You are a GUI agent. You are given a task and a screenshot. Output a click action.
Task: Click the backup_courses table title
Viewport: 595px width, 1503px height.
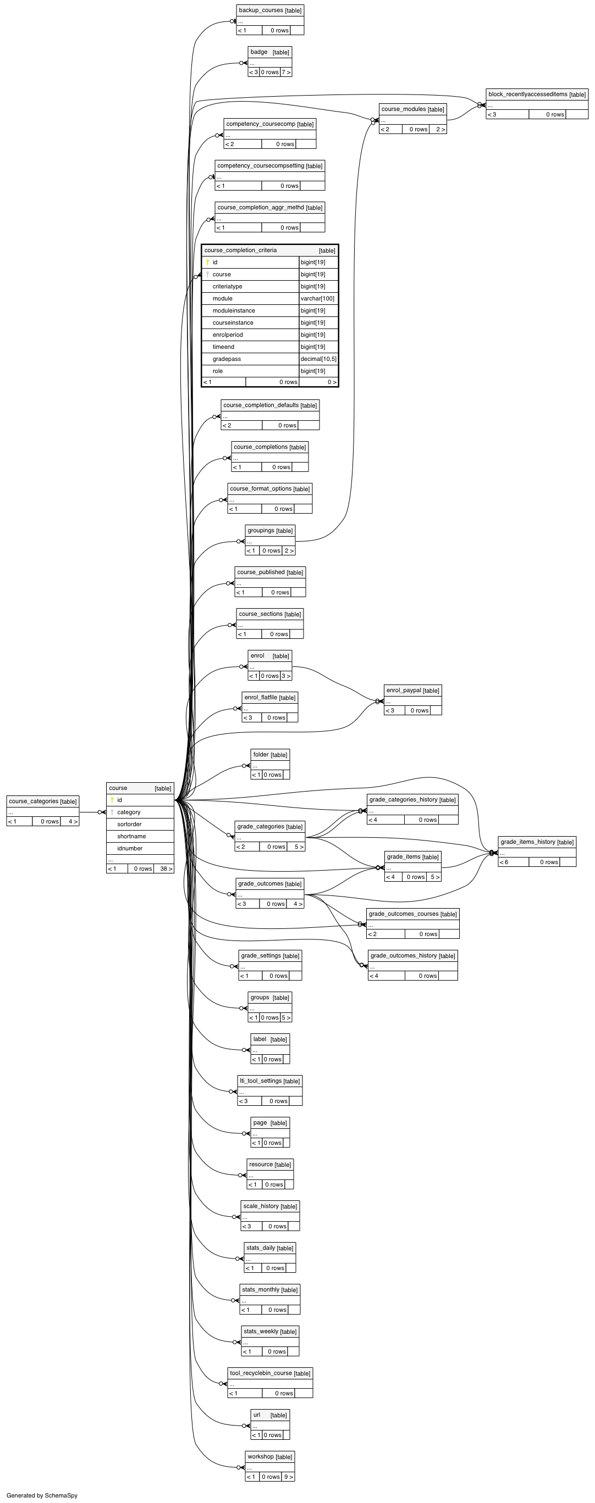click(x=261, y=10)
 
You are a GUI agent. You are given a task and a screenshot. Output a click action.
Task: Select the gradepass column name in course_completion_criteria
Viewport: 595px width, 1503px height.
click(x=227, y=359)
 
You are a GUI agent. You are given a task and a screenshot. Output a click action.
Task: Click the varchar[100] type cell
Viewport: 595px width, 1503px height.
click(x=318, y=299)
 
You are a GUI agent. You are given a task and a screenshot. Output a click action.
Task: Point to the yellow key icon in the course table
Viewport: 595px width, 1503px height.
click(x=112, y=800)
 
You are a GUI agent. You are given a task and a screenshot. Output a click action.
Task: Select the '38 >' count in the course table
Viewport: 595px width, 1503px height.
click(x=166, y=869)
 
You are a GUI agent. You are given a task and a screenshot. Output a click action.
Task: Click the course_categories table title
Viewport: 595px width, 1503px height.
click(x=34, y=801)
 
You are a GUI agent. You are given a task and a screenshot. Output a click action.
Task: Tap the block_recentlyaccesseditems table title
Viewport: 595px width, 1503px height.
click(x=528, y=94)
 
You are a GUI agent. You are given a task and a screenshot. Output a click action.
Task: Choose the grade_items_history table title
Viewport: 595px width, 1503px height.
click(x=528, y=842)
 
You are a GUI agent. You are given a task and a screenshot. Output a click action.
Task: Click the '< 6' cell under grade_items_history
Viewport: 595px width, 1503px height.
click(x=504, y=862)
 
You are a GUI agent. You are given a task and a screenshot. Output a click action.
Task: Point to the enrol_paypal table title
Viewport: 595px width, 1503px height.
click(x=404, y=690)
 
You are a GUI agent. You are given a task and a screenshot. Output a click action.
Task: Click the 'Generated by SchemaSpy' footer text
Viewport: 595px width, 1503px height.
click(x=42, y=1495)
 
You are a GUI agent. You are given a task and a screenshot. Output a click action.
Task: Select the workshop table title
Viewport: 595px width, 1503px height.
click(x=261, y=1456)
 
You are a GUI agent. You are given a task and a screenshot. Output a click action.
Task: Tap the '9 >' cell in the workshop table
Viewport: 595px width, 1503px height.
click(x=289, y=1477)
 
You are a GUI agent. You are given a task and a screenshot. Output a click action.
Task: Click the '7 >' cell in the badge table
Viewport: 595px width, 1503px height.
click(x=286, y=73)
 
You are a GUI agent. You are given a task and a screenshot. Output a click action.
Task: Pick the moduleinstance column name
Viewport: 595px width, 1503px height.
click(x=234, y=311)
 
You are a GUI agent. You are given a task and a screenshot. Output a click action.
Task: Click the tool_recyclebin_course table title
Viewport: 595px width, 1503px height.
click(x=261, y=1373)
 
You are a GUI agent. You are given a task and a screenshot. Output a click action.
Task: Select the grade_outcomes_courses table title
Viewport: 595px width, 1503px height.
click(x=404, y=914)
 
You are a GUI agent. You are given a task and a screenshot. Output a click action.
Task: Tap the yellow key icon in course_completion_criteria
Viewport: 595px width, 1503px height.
click(x=207, y=262)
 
